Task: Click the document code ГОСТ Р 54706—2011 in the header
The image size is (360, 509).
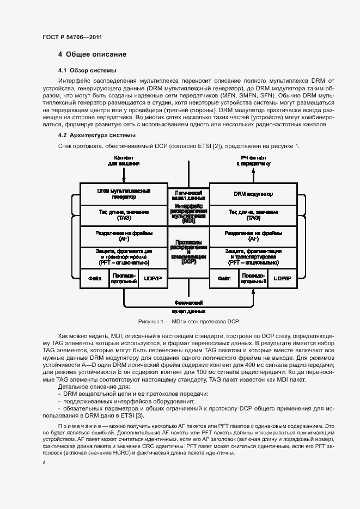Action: coord(72,37)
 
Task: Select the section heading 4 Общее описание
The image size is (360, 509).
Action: coord(92,54)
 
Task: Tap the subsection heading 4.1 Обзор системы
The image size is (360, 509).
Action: coord(87,71)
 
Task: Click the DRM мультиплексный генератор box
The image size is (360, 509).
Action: coord(124,194)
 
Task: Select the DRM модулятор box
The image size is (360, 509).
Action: coord(253,194)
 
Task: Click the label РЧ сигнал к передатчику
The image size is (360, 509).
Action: coord(253,161)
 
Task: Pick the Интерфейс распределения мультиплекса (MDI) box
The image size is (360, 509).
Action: coord(188,214)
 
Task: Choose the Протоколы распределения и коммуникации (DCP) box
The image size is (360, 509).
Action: coord(188,252)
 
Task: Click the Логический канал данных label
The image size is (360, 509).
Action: coord(188,195)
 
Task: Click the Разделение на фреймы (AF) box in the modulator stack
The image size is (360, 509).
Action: coord(253,236)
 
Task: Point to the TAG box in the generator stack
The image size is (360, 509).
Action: coord(124,214)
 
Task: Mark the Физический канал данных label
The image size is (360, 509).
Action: coord(188,306)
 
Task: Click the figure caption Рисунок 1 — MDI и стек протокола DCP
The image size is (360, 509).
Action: coord(188,321)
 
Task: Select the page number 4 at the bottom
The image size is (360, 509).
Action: coord(44,462)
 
